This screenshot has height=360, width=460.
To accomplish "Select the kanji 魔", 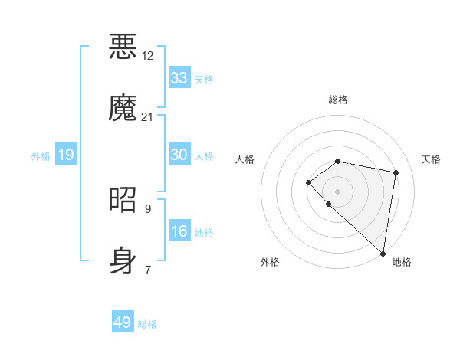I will [123, 107].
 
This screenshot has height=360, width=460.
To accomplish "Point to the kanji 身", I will [123, 260].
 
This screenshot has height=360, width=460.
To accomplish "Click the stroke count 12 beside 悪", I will [148, 56].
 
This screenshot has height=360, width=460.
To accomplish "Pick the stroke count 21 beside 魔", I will [148, 116].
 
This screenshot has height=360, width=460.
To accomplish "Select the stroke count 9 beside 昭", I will [148, 208].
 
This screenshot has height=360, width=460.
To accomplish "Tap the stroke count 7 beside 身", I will [148, 270].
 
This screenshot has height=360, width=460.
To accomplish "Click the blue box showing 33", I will [179, 78].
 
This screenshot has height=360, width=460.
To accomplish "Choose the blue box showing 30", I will [179, 155].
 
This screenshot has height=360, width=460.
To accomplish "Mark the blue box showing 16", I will [179, 231].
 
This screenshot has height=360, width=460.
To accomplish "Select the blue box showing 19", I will [66, 155].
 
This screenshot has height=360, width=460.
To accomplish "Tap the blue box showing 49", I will [123, 322].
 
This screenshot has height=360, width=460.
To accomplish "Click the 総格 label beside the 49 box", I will [147, 324].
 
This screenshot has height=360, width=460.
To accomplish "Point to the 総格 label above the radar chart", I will [338, 100].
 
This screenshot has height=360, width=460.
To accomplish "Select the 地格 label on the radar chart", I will [402, 262].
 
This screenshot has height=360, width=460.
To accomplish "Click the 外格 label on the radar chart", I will [270, 262].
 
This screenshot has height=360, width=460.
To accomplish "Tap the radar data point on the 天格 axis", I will [396, 172].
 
